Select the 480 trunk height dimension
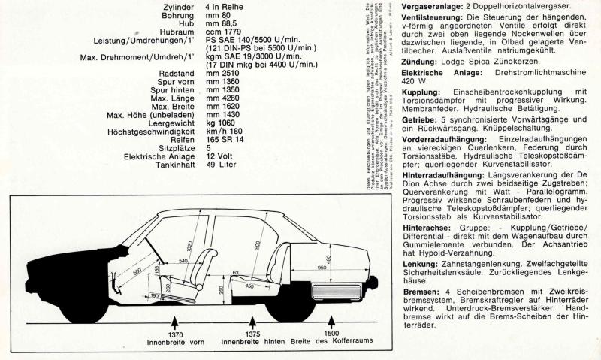(348, 260)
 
